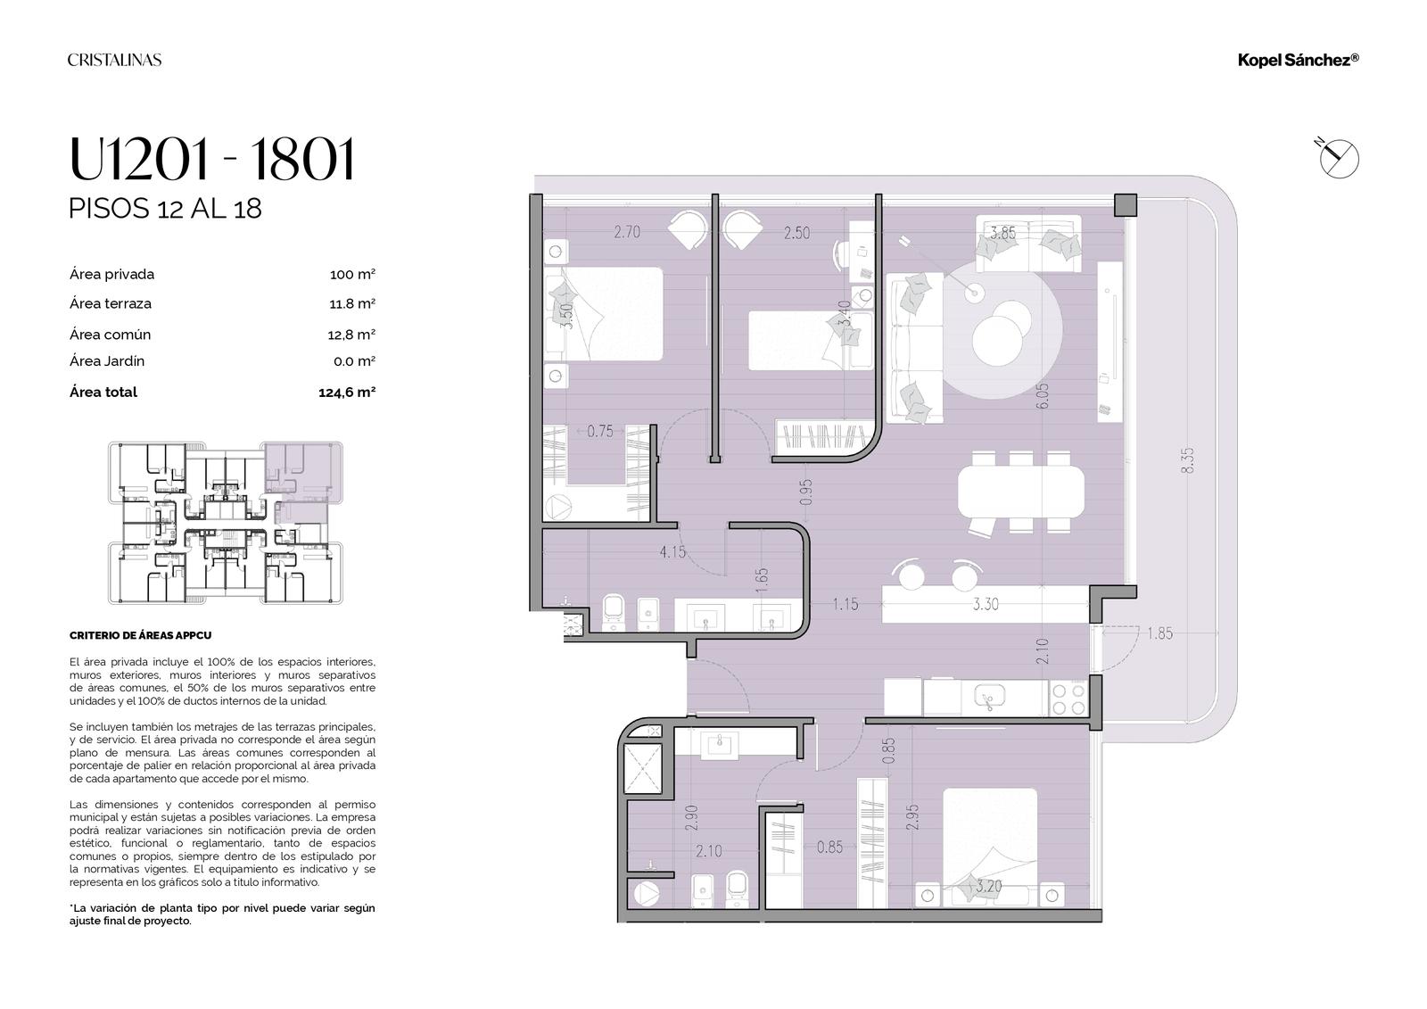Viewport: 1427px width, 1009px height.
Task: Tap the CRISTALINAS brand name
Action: [115, 60]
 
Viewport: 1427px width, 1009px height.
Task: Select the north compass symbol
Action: [1338, 157]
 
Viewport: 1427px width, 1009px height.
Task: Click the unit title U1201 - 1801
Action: [211, 159]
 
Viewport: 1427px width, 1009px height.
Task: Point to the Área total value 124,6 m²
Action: [347, 393]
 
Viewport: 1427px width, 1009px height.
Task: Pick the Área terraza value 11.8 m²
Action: [352, 304]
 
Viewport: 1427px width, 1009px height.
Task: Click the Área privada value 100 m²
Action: [352, 275]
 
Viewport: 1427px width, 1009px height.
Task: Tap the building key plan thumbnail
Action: [226, 523]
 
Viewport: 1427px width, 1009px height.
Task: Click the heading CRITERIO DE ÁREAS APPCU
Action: [141, 635]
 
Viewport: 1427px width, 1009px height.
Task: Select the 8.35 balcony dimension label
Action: [1187, 460]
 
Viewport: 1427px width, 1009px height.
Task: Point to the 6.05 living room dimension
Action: [1043, 396]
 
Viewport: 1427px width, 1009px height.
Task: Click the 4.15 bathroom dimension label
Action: [672, 551]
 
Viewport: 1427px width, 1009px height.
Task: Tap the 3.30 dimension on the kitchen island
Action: [986, 604]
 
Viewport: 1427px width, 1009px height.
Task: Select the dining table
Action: [1021, 492]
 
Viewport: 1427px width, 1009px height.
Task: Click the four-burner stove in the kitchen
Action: [1068, 699]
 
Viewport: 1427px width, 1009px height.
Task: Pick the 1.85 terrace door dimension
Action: [1159, 633]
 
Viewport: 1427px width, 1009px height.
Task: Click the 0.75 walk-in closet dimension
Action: [600, 432]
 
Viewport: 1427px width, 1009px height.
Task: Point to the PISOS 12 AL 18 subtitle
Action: [165, 209]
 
